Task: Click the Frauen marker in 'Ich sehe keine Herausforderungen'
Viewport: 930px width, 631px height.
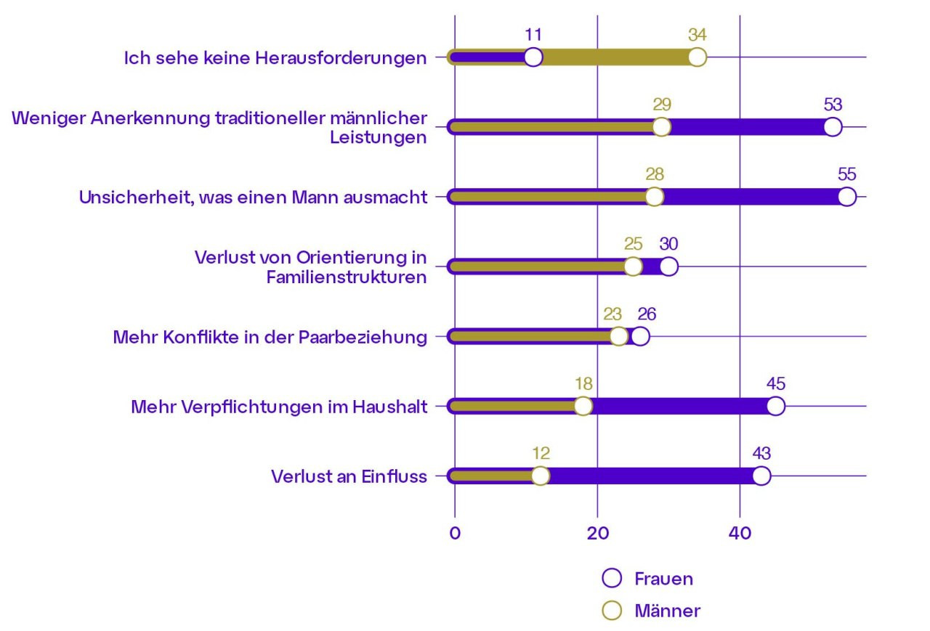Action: point(533,57)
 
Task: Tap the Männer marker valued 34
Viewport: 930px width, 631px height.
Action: point(697,57)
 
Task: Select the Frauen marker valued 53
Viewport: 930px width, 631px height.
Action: point(833,127)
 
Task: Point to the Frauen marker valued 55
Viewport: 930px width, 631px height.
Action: point(846,197)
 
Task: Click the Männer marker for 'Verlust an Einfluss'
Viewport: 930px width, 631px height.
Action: point(540,476)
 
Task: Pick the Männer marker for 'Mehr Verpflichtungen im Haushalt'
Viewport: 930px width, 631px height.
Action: point(583,407)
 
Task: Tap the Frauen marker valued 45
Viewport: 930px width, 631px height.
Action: point(775,407)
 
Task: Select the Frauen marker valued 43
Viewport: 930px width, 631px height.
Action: point(761,476)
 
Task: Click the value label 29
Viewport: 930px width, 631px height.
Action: point(661,104)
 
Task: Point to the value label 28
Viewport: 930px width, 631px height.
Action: point(654,174)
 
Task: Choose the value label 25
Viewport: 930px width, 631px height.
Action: point(633,243)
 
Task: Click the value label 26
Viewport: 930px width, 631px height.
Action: point(647,314)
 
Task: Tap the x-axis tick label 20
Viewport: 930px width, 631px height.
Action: point(597,532)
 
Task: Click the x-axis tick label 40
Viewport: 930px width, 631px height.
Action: point(740,532)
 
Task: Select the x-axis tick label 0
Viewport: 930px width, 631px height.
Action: point(455,532)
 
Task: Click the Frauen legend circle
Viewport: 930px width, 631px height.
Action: point(612,578)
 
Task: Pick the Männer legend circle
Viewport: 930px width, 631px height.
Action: point(612,611)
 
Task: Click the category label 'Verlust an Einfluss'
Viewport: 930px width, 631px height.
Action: point(349,476)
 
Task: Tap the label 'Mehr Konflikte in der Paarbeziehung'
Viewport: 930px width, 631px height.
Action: point(270,337)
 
